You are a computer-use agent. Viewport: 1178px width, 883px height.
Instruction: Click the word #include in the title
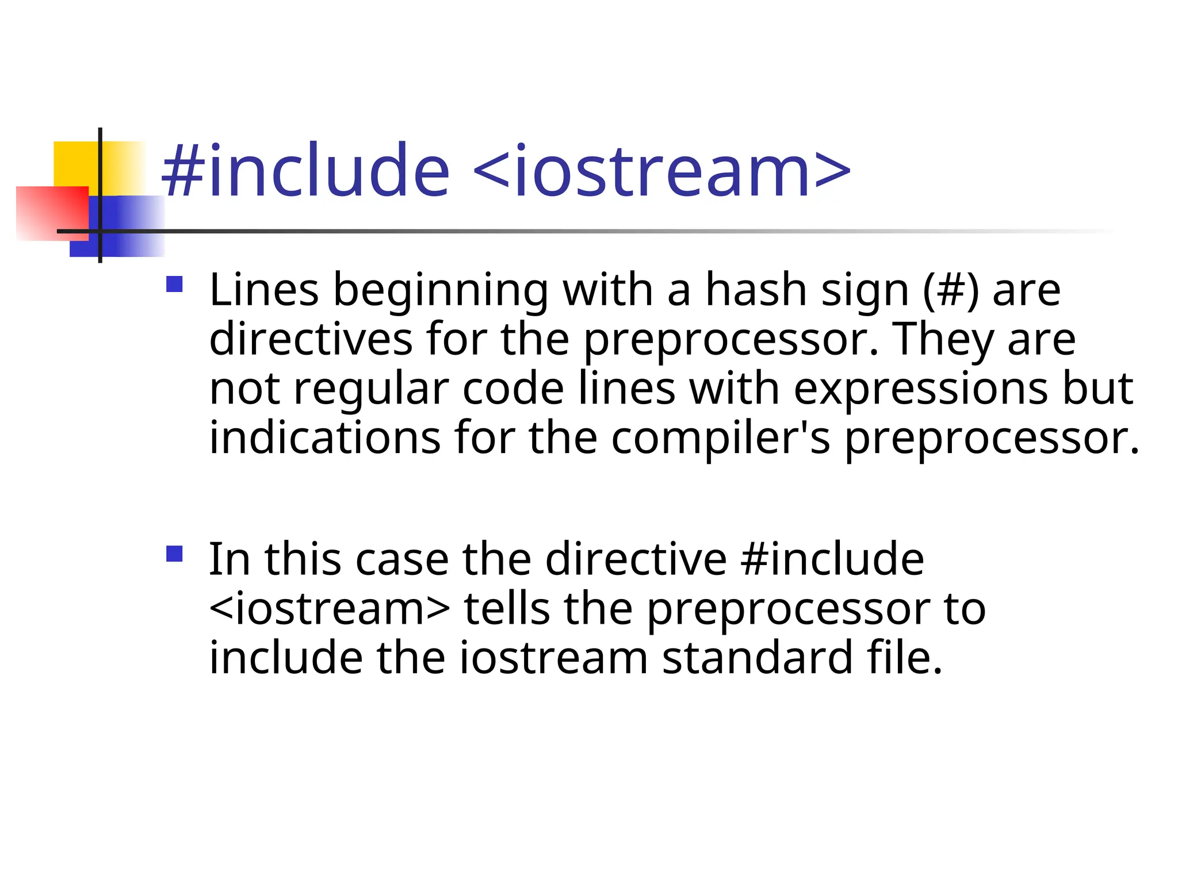tap(305, 171)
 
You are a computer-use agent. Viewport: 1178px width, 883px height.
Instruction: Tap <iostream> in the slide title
tap(661, 171)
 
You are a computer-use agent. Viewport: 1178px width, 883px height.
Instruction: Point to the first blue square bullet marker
tap(174, 285)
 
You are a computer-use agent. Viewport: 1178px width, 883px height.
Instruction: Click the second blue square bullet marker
tap(174, 554)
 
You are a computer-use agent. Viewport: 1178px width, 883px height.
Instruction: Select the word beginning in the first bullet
tap(441, 290)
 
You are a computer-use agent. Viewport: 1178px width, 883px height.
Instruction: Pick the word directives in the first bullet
tap(311, 339)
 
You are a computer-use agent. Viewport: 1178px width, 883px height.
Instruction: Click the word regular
tap(371, 389)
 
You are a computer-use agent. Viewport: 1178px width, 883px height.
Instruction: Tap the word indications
tap(325, 438)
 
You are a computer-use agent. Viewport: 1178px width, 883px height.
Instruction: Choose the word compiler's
tap(720, 438)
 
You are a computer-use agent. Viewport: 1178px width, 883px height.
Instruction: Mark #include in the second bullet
tap(832, 559)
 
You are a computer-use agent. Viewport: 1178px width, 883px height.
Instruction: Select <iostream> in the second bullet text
tap(330, 609)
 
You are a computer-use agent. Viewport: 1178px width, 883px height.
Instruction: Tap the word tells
tap(507, 609)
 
